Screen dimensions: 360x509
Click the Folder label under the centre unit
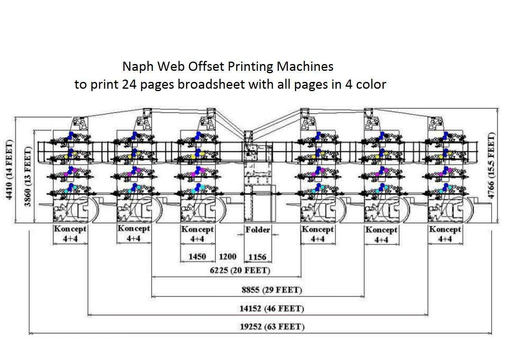257,230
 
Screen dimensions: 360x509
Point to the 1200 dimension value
227,257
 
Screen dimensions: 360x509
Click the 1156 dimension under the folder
257,257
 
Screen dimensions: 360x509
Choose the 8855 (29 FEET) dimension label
272,290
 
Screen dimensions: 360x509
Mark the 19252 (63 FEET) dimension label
272,327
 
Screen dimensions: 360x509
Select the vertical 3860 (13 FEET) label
28,177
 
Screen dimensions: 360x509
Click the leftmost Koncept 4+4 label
70,234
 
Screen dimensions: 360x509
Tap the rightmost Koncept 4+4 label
445,234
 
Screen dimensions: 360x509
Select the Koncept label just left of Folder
197,234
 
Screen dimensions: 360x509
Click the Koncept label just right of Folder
317,234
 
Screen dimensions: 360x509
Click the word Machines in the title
305,66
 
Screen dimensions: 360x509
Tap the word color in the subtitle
371,85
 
